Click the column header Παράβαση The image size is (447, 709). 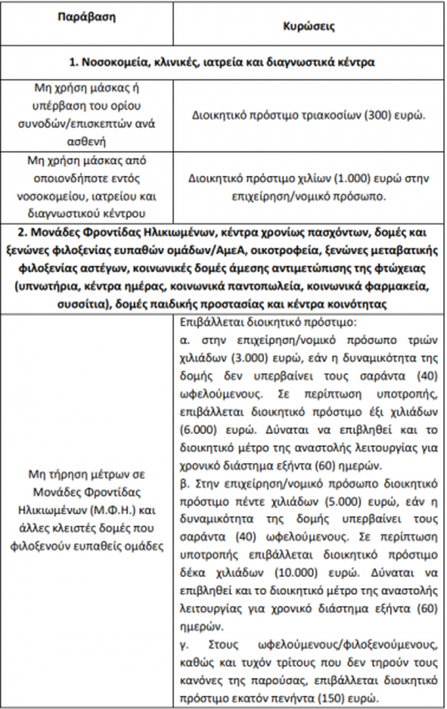coord(87,17)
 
